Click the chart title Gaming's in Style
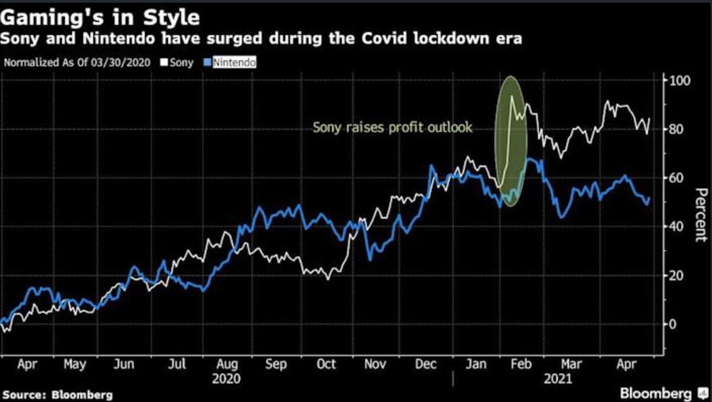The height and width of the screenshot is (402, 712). click(100, 14)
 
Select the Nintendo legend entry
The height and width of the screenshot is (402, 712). click(233, 63)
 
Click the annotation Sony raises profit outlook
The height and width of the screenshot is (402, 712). click(393, 127)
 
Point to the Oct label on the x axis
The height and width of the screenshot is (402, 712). click(325, 364)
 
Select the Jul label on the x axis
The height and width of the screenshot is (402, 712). click(176, 364)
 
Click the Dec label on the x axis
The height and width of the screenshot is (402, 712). click(425, 364)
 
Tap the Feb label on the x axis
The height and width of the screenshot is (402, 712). click(521, 364)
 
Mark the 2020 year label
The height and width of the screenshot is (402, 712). click(226, 378)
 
